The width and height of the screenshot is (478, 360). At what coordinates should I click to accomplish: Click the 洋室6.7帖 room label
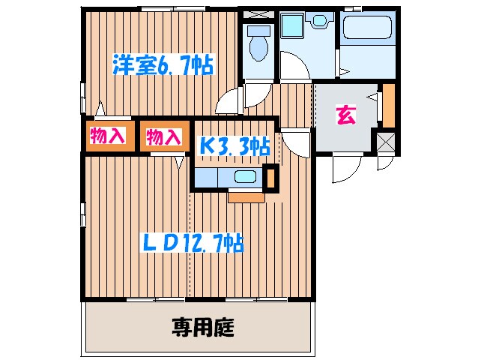tap(163, 65)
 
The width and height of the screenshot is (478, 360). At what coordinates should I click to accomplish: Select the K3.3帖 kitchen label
tap(234, 145)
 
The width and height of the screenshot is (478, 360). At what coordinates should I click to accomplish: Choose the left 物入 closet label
tap(109, 136)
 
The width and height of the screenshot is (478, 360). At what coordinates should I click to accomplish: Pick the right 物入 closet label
tap(163, 137)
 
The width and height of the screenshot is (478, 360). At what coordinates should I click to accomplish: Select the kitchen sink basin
tap(245, 177)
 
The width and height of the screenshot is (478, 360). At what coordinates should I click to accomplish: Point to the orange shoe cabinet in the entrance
tap(388, 106)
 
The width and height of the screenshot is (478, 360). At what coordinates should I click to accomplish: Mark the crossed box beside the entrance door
tap(386, 141)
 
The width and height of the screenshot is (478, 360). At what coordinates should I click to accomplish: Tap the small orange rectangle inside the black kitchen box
tap(271, 178)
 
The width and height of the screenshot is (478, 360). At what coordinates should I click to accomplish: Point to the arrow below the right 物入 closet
tap(180, 160)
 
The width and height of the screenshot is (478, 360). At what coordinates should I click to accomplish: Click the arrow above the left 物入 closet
tap(97, 109)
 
